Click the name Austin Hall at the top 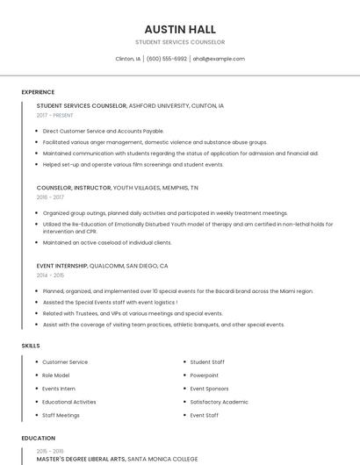180,29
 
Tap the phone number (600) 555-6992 167,59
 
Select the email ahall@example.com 219,59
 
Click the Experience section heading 38,92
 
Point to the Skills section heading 31,346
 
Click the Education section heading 38,438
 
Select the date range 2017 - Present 55,115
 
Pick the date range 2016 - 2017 50,197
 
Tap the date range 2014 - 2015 50,275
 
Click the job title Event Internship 61,265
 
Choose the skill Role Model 56,375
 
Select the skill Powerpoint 205,375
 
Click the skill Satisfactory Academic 220,402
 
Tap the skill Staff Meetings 61,415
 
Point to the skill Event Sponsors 209,389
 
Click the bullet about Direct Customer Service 104,131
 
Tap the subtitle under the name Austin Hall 180,42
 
